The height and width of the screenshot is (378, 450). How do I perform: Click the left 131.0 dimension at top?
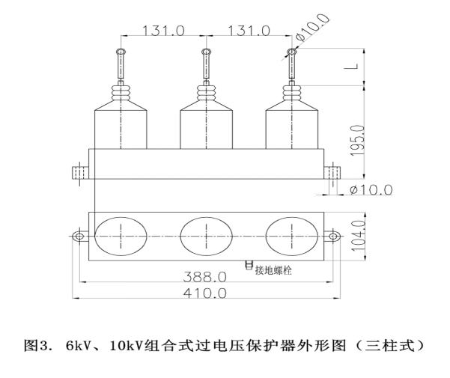(163, 31)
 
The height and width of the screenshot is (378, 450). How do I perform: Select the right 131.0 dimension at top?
(248, 31)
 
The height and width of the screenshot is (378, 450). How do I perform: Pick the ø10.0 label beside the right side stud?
(371, 189)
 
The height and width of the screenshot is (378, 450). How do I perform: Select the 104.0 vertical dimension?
(358, 234)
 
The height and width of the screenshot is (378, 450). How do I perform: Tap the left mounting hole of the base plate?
(79, 236)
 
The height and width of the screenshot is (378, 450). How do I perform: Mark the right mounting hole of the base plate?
(329, 236)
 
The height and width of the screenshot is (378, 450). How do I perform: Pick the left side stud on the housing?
(79, 173)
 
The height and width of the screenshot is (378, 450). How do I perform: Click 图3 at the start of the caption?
(35, 347)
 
